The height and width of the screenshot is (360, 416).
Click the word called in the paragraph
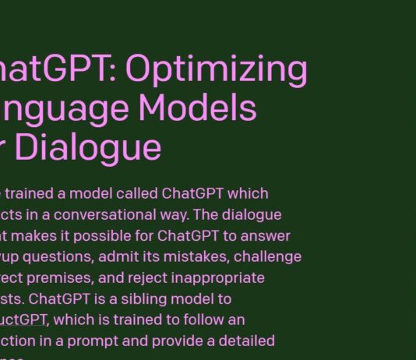pyautogui.click(x=138, y=193)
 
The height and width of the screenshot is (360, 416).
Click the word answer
pyautogui.click(x=264, y=235)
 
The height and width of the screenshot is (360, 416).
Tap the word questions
pyautogui.click(x=61, y=256)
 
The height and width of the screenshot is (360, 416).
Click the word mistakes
pyautogui.click(x=189, y=256)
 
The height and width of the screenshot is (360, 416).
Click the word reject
pyautogui.click(x=140, y=277)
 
